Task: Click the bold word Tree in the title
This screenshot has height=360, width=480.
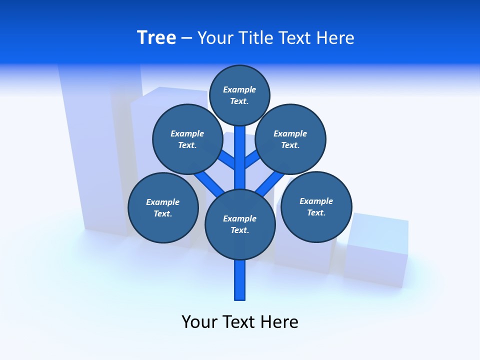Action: pos(156,37)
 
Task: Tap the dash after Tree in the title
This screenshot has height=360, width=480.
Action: pos(186,38)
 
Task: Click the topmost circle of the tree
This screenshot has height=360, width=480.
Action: pos(239,95)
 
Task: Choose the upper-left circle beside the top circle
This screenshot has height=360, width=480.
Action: pos(187,139)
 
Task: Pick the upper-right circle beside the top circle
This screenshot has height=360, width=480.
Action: pos(290,139)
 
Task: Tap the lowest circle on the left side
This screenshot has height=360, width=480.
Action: pos(163,207)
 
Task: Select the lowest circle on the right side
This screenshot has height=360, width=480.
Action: pos(316,206)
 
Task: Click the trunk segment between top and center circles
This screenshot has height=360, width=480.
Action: pos(240,157)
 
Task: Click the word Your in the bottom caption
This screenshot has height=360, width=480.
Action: pos(199,322)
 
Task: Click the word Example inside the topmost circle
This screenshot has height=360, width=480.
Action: pos(239,89)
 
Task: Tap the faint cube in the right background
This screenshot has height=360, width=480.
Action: pos(376,250)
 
